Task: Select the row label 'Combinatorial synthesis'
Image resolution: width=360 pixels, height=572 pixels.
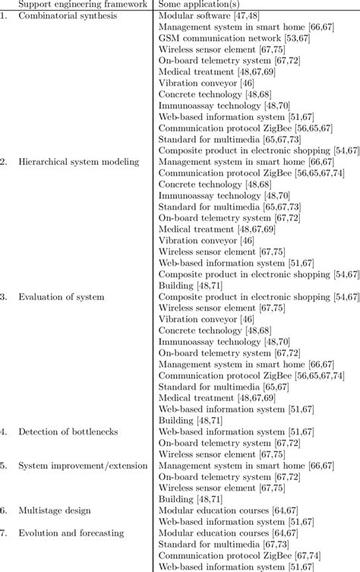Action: pyautogui.click(x=67, y=15)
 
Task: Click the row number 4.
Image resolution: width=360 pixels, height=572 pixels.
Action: pyautogui.click(x=5, y=431)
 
